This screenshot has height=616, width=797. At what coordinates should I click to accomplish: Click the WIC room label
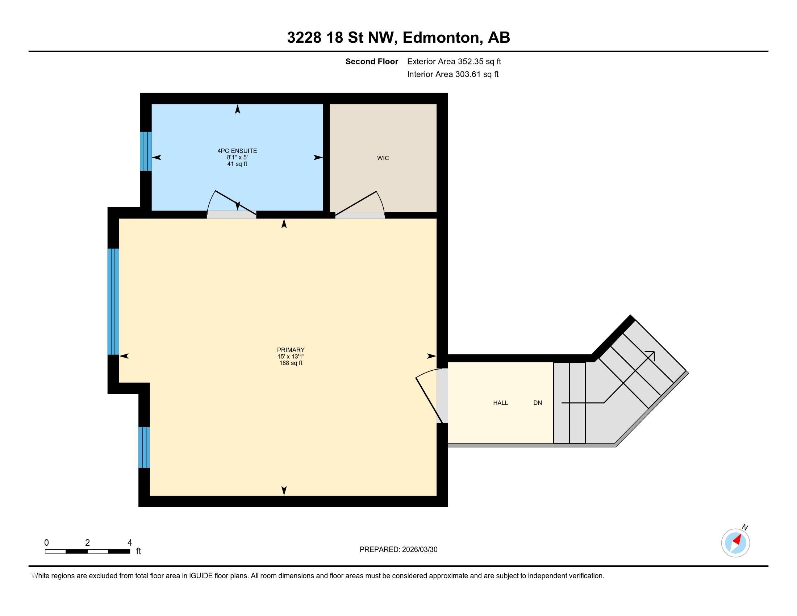(x=383, y=158)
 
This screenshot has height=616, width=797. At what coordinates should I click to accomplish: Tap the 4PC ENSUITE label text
(x=237, y=151)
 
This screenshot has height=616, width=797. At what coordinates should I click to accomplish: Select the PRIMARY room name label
(x=291, y=350)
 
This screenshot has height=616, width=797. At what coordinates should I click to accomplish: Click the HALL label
(x=500, y=403)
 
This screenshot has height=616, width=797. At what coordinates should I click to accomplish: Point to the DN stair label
(x=538, y=403)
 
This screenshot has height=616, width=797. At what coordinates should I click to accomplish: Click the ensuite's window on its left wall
(x=146, y=151)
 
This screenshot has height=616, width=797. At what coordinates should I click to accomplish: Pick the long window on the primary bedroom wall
(x=113, y=301)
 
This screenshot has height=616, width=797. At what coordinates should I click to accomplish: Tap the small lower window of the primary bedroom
(x=144, y=447)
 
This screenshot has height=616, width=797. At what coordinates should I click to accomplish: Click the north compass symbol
(x=735, y=543)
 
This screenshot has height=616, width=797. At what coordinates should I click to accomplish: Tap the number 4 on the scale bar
(x=130, y=543)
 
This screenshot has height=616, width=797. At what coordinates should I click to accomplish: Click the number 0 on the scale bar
(x=46, y=543)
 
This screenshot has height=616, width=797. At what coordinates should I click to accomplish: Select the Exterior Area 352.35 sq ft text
(x=454, y=62)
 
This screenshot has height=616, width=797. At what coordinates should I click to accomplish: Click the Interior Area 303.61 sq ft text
(x=452, y=74)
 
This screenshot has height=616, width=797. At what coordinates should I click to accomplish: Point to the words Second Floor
(x=371, y=62)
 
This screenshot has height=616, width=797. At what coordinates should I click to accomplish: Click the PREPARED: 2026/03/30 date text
(x=398, y=550)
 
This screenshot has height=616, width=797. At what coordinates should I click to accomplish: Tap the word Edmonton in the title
(x=441, y=38)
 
